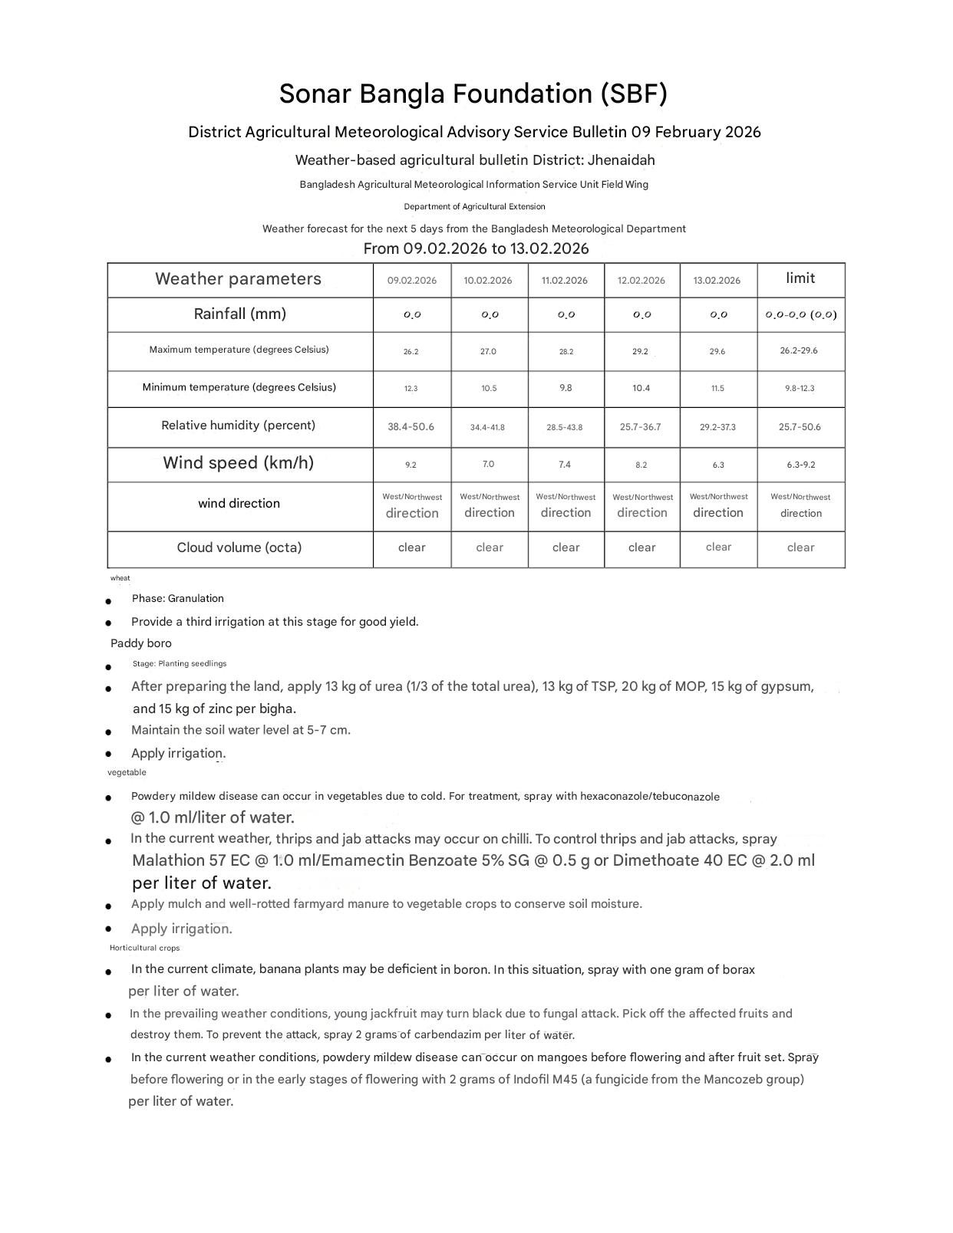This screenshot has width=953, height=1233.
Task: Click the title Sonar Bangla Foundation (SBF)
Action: pyautogui.click(x=473, y=94)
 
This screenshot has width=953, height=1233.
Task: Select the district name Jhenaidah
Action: pyautogui.click(x=621, y=160)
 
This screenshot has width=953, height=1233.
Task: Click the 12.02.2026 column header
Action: pyautogui.click(x=641, y=281)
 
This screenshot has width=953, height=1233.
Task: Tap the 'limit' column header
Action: pyautogui.click(x=800, y=278)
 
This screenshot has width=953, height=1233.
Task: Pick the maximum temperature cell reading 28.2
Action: pyautogui.click(x=566, y=352)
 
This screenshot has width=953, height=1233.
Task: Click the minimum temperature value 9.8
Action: pyautogui.click(x=566, y=388)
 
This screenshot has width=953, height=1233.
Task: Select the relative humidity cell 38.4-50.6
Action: pyautogui.click(x=411, y=427)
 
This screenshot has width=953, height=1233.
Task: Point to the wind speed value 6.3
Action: pyautogui.click(x=717, y=465)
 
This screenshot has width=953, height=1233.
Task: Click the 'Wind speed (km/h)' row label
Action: pyautogui.click(x=238, y=463)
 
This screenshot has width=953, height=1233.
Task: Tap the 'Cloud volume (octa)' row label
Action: pyautogui.click(x=239, y=547)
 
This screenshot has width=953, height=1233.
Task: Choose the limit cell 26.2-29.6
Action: pyautogui.click(x=800, y=350)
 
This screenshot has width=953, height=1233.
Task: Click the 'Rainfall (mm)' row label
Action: pyautogui.click(x=239, y=314)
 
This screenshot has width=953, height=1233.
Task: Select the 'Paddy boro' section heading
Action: pyautogui.click(x=141, y=643)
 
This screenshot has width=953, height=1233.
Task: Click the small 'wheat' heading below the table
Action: pyautogui.click(x=120, y=578)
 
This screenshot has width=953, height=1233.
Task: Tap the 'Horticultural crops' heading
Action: pyautogui.click(x=144, y=949)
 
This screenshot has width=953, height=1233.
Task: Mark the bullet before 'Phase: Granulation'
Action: pyautogui.click(x=109, y=601)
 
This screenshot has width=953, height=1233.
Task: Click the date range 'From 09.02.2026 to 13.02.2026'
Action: pyautogui.click(x=476, y=248)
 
